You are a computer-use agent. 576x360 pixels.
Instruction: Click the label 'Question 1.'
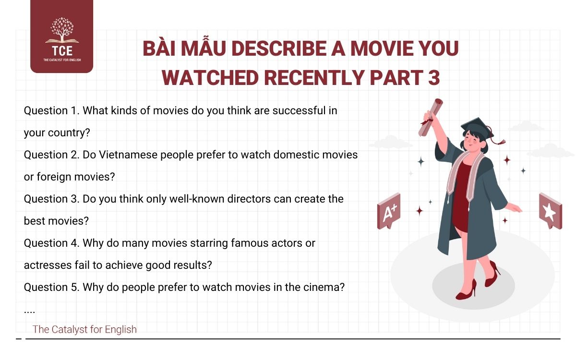tap(51, 111)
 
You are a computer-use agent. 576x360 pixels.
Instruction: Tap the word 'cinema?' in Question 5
tap(328, 288)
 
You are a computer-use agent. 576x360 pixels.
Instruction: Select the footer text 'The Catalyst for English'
tap(84, 329)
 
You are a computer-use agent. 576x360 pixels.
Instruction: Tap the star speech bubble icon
tap(550, 210)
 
